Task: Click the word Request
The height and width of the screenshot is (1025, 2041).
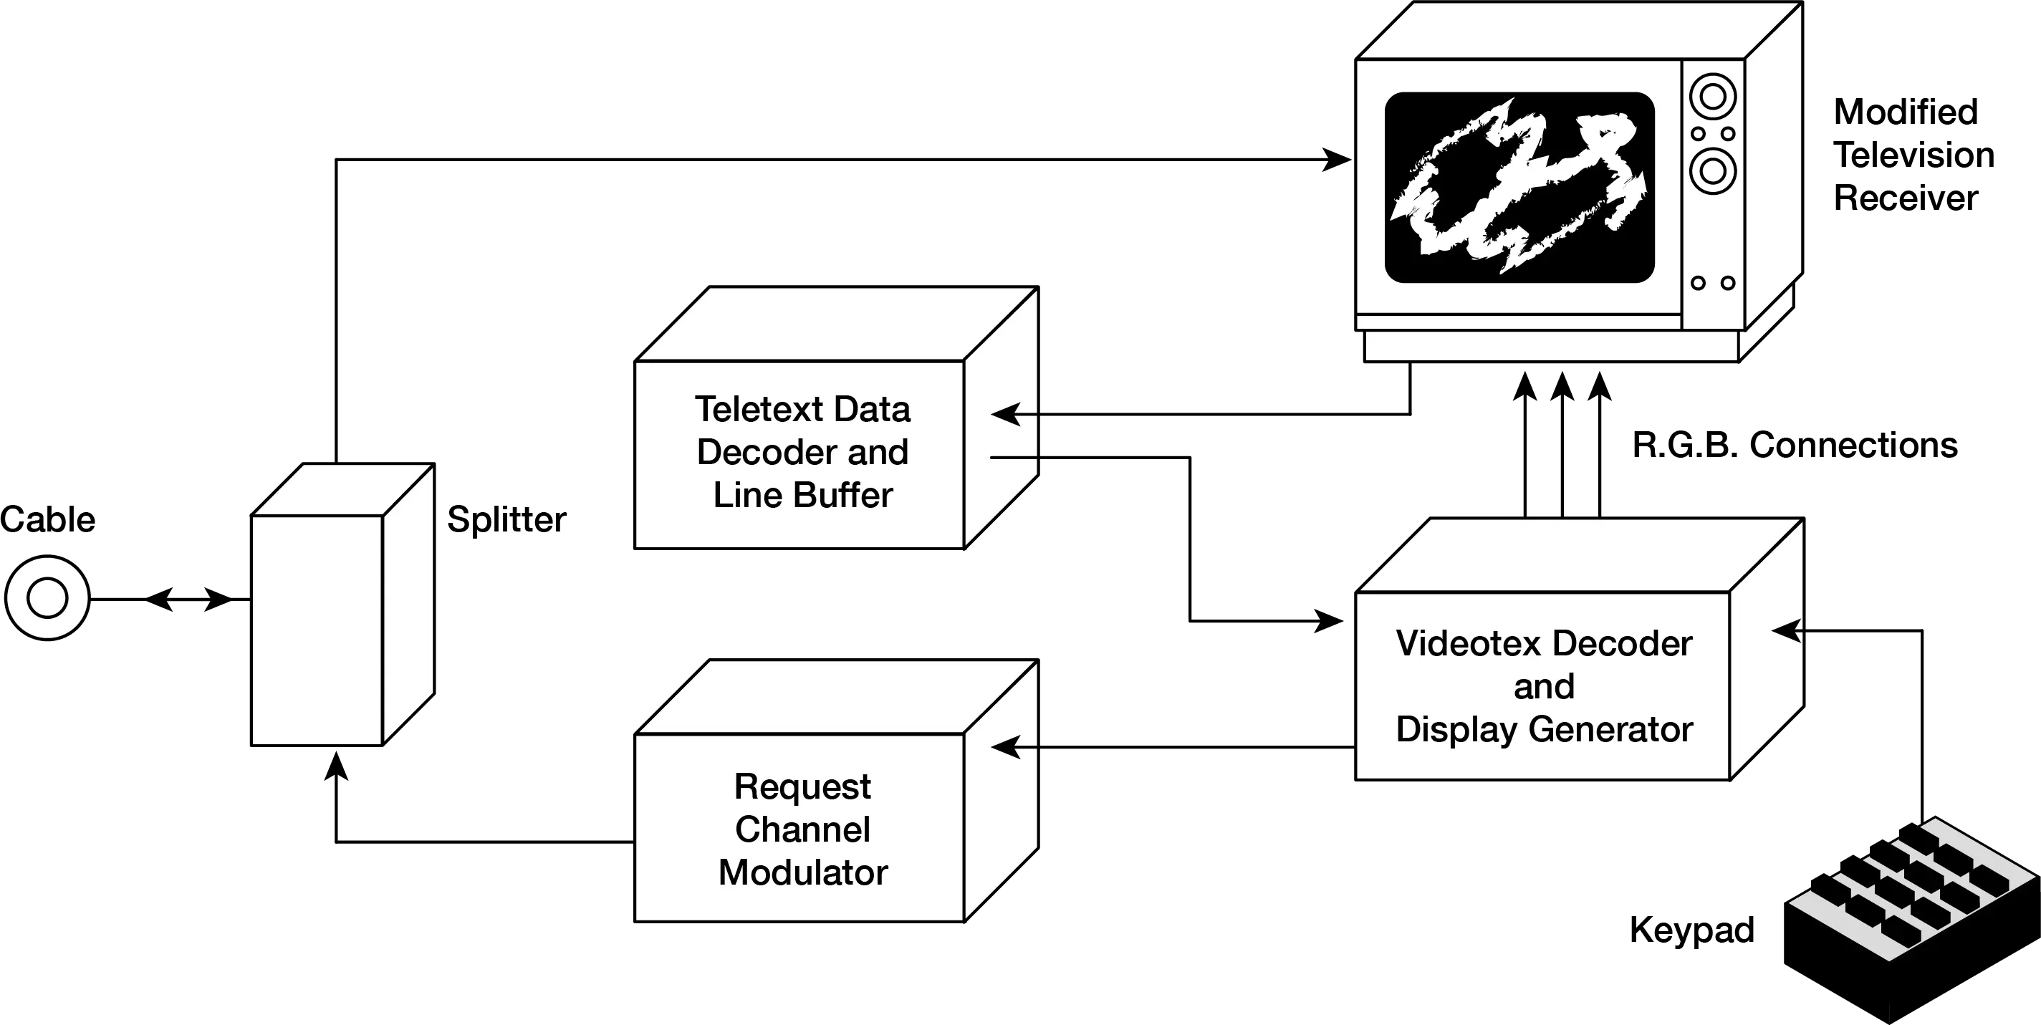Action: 802,786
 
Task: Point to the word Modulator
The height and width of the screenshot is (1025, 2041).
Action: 802,873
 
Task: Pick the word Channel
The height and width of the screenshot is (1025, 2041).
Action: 802,829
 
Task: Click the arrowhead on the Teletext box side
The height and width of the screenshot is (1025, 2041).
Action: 1004,414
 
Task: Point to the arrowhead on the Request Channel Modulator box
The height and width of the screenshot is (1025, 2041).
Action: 1004,747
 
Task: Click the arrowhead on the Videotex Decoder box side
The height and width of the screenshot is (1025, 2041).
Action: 1785,631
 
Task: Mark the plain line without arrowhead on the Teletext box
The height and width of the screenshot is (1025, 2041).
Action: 1014,458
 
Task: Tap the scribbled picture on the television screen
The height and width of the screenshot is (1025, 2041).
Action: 1519,187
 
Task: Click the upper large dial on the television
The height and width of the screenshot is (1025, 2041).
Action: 1712,97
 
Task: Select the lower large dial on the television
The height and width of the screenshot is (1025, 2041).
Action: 1712,171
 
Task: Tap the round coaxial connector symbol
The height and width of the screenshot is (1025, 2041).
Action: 47,598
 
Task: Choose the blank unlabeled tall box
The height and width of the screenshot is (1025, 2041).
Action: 317,630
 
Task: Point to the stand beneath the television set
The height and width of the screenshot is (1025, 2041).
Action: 1552,345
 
